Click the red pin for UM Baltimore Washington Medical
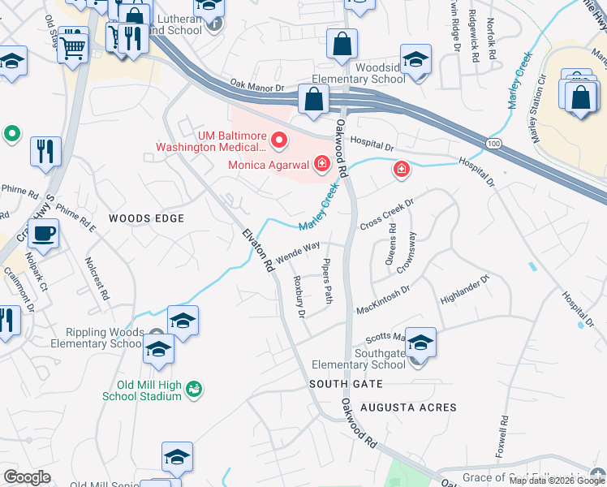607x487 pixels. pyautogui.click(x=280, y=141)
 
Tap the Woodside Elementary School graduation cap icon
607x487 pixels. pyautogui.click(x=415, y=60)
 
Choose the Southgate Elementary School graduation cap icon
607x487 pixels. pyautogui.click(x=420, y=343)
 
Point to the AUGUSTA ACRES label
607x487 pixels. pyautogui.click(x=409, y=407)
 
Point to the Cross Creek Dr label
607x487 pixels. pyautogui.click(x=387, y=213)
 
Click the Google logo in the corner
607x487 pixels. pyautogui.click(x=27, y=477)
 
